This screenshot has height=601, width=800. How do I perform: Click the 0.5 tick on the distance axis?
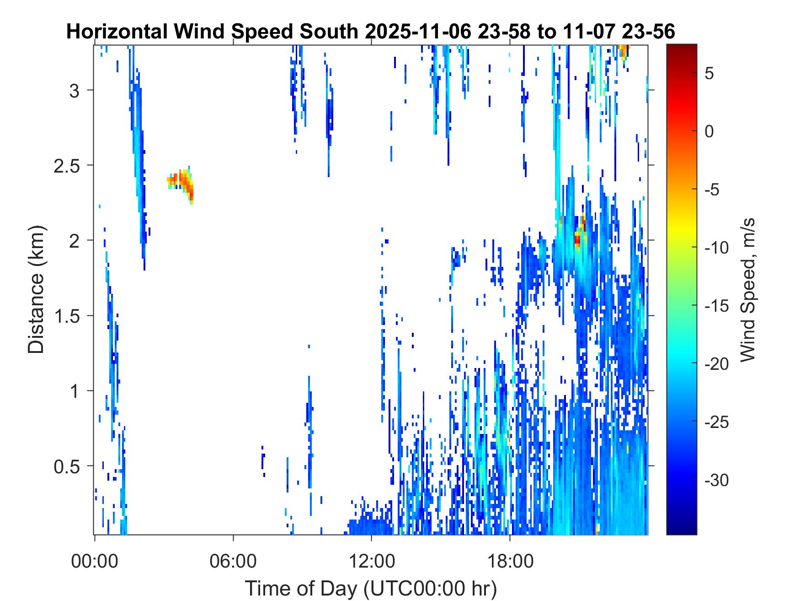(67, 467)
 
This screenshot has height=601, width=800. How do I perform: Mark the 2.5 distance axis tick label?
(67, 166)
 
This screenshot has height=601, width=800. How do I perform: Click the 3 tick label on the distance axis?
(75, 91)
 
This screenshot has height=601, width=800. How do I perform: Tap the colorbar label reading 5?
(709, 74)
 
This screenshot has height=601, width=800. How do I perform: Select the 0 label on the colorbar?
(709, 132)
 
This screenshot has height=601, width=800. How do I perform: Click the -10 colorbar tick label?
(717, 248)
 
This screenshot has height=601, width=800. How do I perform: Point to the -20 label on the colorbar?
(717, 364)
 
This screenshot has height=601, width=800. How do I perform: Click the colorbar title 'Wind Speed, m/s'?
(747, 290)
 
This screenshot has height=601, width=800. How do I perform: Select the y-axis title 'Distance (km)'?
(36, 289)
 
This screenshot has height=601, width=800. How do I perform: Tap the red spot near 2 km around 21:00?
(578, 239)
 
